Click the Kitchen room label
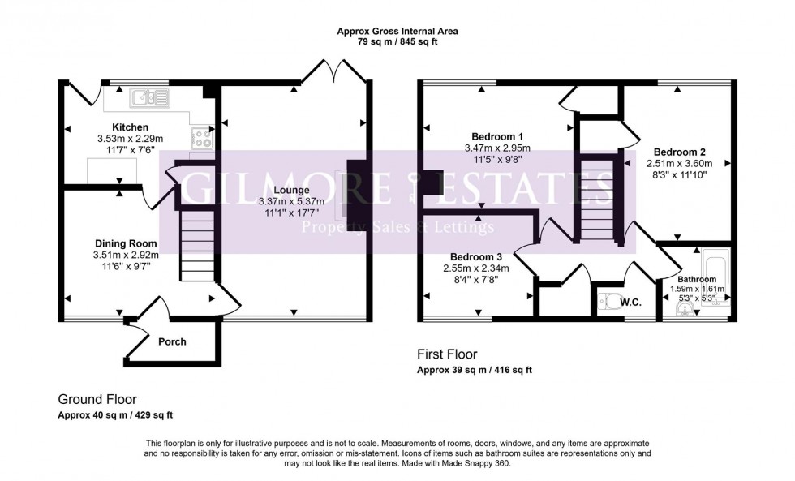[x=130, y=127]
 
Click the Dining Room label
[x=125, y=243]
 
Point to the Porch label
[x=171, y=341]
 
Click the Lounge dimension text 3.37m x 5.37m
[x=290, y=201]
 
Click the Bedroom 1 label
[x=497, y=136]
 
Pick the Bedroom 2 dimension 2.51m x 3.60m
[x=680, y=163]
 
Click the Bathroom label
[x=697, y=279]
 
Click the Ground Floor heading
[x=97, y=399]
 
